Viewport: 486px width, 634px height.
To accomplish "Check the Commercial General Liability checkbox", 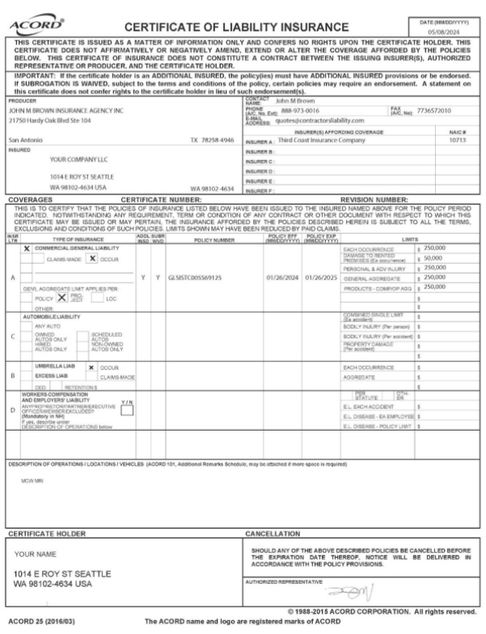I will [x=27, y=248].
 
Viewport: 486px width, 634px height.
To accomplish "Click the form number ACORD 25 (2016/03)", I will [x=36, y=621].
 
